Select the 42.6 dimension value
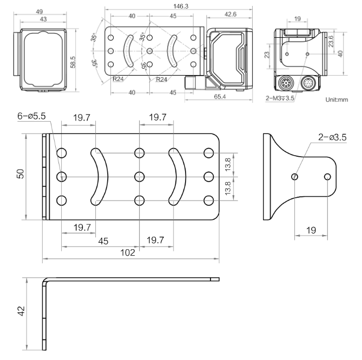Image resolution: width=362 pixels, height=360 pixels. click(x=230, y=14)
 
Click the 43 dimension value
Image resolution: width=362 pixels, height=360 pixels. click(x=43, y=19)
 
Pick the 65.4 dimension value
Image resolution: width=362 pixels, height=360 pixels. click(x=219, y=96)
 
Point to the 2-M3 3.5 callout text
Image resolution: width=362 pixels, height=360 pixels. click(x=280, y=98)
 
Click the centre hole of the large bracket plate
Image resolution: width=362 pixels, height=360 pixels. click(x=140, y=176)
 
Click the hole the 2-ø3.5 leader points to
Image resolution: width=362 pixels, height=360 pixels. click(x=295, y=176)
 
